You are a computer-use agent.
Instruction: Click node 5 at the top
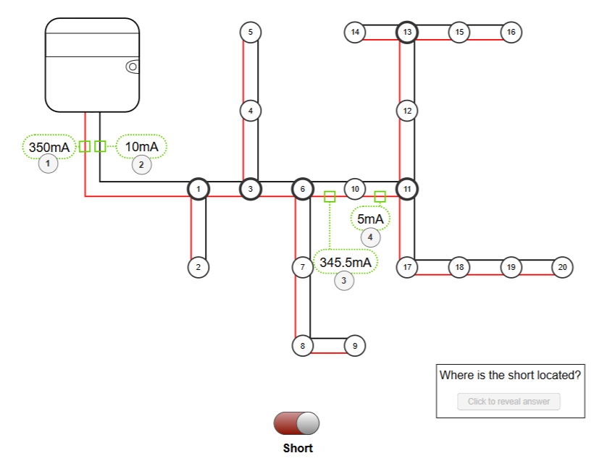coord(250,33)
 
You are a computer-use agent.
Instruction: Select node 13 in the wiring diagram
coord(407,33)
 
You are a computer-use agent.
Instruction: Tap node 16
coord(511,33)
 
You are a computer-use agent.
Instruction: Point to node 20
coord(562,267)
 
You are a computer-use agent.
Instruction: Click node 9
coord(354,346)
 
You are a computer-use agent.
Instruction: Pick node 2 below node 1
coord(198,267)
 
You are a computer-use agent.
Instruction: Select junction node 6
coord(302,190)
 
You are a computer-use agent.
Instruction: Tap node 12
coord(407,111)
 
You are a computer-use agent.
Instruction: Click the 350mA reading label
coord(49,148)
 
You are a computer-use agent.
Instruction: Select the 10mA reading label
coord(141,147)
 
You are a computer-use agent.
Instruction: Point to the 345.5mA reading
coord(345,262)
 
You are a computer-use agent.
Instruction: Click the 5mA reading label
coord(370,219)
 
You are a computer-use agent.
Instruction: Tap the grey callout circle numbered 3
coord(344,281)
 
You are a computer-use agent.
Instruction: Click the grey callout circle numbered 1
coord(48,164)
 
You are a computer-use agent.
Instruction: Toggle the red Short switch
coord(296,423)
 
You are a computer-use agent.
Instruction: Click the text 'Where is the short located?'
coord(510,376)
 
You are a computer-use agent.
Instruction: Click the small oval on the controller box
coord(133,67)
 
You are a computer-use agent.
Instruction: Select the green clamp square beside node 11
coord(380,196)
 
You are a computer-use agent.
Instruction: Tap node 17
coord(407,267)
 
